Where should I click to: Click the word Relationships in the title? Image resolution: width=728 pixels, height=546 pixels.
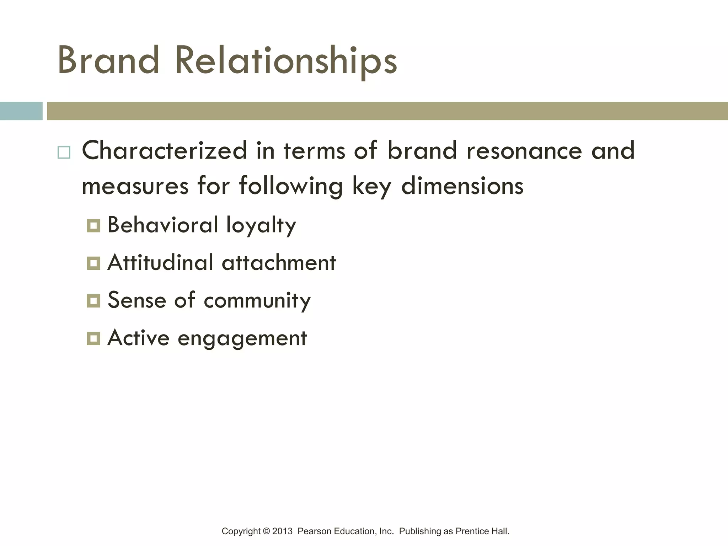click(286, 61)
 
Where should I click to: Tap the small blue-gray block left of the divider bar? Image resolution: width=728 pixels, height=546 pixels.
click(21, 111)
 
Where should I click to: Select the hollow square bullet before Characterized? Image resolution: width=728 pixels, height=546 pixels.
click(64, 152)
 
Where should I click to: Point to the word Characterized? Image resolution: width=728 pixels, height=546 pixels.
click(164, 151)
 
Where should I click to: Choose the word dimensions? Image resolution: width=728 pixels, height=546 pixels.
click(462, 186)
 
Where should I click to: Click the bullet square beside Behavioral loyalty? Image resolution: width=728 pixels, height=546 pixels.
click(93, 225)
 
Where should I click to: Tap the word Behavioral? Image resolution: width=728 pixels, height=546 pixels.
click(163, 225)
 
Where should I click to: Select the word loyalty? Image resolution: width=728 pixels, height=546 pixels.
click(261, 225)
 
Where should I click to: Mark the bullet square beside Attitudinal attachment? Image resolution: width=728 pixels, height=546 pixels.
click(93, 263)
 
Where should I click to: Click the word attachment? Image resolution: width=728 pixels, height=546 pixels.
click(279, 263)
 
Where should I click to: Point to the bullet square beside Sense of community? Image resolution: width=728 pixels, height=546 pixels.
click(93, 301)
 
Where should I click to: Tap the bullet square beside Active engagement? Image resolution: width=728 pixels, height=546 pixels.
click(93, 338)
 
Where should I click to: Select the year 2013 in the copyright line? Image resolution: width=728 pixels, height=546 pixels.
click(282, 531)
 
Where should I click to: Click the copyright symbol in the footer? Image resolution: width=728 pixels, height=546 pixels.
click(266, 531)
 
